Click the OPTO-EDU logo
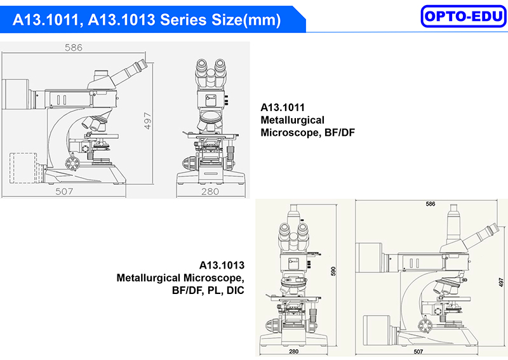464,17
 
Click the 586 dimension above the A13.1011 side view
74,48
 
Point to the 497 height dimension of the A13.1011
147,121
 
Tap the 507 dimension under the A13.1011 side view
64,192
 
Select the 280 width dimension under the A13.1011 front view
210,192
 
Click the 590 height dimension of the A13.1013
333,271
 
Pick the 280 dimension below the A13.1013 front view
293,351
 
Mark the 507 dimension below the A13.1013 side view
418,352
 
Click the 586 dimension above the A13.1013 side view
431,204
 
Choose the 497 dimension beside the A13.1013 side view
501,283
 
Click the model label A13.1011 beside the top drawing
283,107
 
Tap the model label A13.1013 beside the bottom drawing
222,265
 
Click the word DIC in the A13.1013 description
235,290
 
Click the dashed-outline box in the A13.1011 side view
23,168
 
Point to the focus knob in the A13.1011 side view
72,163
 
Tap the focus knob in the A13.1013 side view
424,326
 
